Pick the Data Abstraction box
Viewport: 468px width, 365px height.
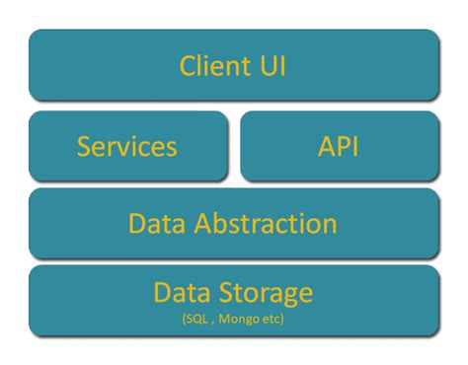tap(234, 222)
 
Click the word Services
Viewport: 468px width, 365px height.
tap(127, 146)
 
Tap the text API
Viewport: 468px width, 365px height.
tap(340, 146)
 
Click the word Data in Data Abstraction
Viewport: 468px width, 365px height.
tap(154, 223)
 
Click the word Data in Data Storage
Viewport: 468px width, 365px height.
tap(181, 292)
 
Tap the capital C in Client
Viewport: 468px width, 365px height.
tap(188, 66)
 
